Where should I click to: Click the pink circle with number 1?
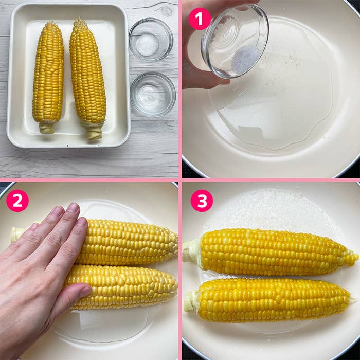200,19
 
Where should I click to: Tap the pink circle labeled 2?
17,201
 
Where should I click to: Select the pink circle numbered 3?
202,201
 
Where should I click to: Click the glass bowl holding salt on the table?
151,39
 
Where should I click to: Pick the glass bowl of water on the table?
153,94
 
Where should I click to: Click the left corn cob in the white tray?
48,76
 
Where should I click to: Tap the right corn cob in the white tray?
88,78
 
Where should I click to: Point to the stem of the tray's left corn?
47,128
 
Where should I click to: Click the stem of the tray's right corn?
94,132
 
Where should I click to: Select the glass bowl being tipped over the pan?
235,41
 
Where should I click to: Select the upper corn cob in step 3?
271,252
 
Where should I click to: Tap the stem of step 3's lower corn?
191,301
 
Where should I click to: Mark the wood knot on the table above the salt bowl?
166,11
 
